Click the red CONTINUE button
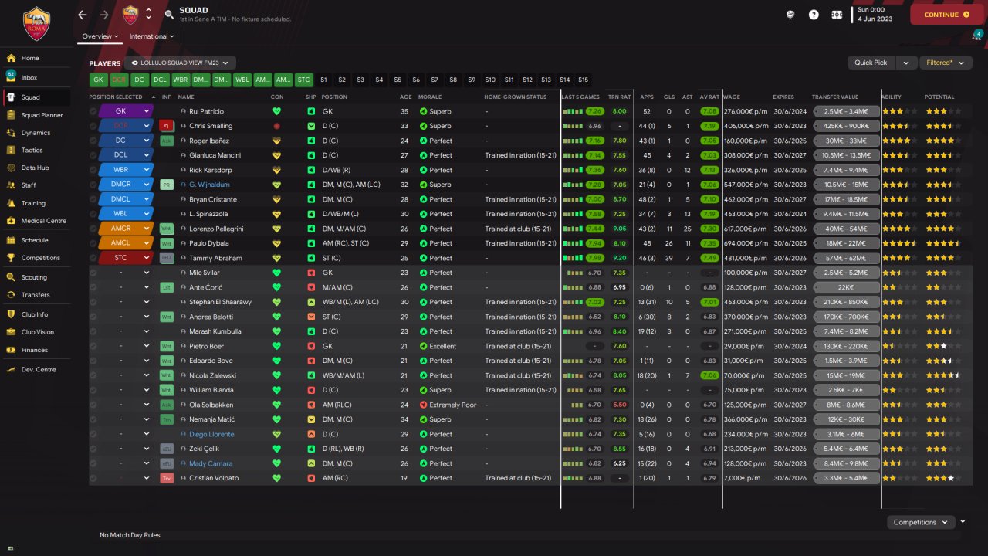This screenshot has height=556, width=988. click(x=940, y=15)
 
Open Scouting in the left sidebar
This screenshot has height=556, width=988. click(x=34, y=277)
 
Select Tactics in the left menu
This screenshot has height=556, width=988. click(x=32, y=151)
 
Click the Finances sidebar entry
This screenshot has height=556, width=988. click(x=34, y=350)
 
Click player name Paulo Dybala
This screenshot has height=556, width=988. click(x=210, y=243)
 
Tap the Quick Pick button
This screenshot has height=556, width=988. click(x=871, y=63)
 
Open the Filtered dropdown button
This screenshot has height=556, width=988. click(x=945, y=63)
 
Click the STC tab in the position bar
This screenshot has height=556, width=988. click(x=303, y=80)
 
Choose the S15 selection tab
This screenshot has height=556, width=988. click(x=583, y=80)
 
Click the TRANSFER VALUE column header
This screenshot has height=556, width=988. click(x=834, y=97)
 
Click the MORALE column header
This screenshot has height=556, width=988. click(x=430, y=97)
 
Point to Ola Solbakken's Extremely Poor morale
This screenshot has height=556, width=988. click(x=452, y=405)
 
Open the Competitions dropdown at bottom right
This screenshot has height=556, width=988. click(x=920, y=522)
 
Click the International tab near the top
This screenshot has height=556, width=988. click(x=151, y=36)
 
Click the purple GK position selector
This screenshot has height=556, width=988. click(x=126, y=111)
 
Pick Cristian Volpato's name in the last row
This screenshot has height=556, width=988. click(x=214, y=478)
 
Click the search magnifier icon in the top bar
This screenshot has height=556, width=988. click(x=169, y=15)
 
